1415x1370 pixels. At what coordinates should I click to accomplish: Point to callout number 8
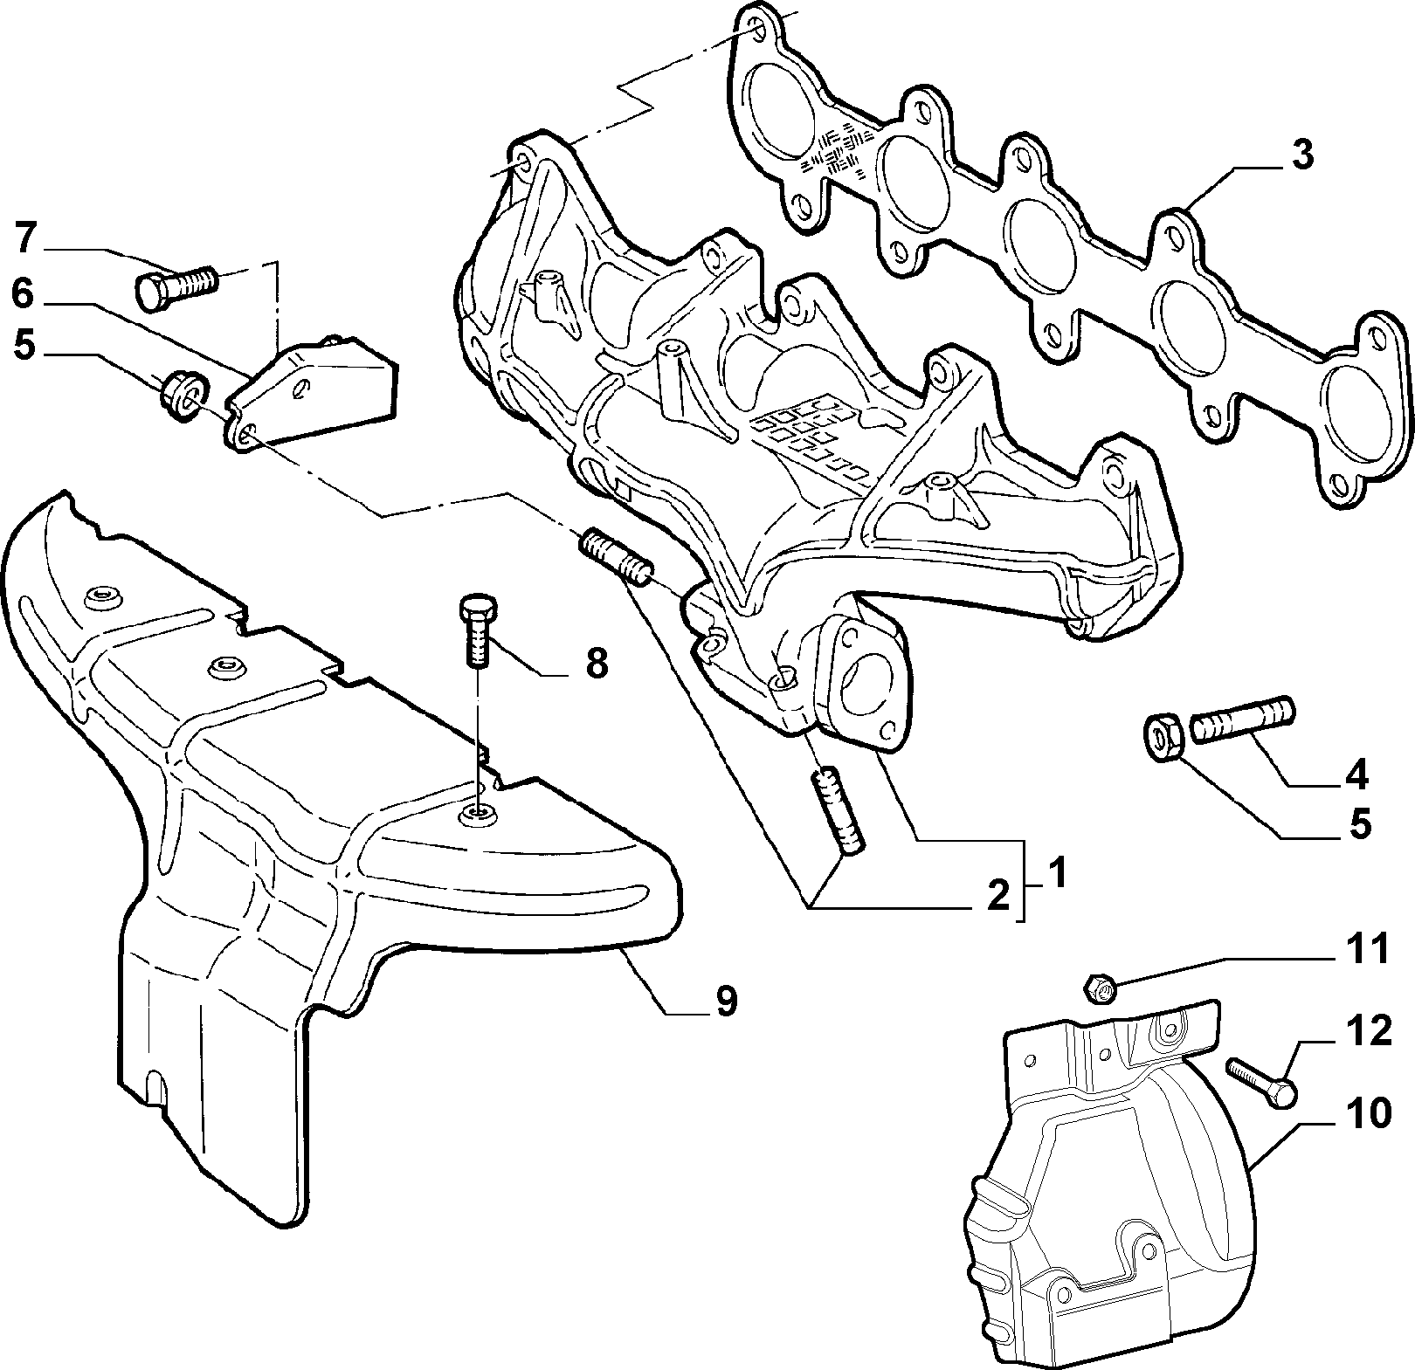(596, 664)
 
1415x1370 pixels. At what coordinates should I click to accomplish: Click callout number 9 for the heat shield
(727, 1001)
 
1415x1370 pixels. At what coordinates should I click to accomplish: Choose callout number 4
(1356, 774)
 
